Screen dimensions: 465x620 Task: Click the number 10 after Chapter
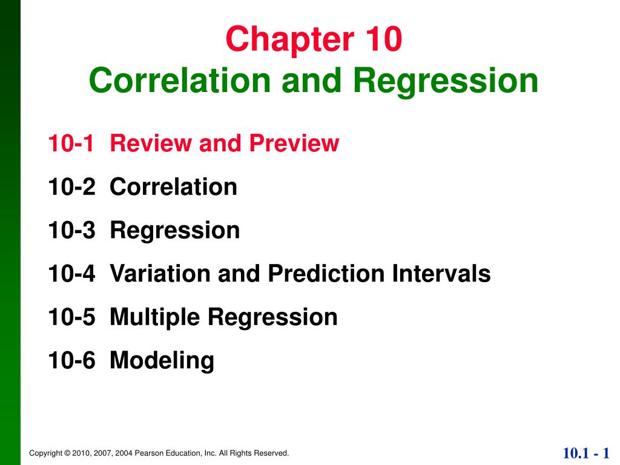381,39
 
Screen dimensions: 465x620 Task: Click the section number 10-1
71,143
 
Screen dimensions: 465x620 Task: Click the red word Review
150,143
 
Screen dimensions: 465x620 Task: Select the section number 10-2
71,187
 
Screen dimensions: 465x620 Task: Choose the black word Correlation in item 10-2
174,187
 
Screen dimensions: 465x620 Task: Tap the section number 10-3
71,231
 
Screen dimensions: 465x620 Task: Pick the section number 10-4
71,274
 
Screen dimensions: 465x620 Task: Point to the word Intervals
441,274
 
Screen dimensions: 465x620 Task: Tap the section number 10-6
71,361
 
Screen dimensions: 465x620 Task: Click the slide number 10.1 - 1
585,453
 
